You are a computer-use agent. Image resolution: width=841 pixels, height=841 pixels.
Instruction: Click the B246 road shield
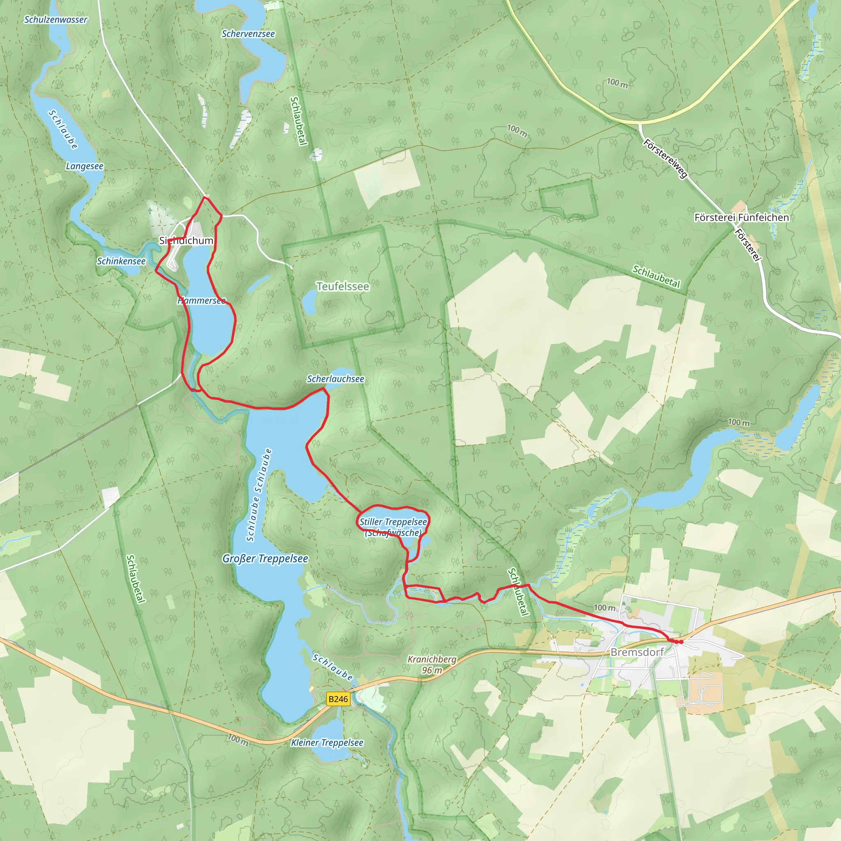click(338, 699)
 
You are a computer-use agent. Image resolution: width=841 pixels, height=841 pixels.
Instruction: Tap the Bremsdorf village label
click(637, 652)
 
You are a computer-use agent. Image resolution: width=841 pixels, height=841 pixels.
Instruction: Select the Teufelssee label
click(342, 287)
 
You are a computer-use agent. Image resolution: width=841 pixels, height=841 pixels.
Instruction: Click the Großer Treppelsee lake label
click(265, 558)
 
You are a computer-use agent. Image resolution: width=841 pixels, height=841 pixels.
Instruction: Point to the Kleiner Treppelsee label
click(327, 742)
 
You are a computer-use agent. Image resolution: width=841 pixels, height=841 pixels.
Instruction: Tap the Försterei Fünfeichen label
click(741, 217)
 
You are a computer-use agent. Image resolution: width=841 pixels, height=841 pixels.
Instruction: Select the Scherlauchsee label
click(335, 379)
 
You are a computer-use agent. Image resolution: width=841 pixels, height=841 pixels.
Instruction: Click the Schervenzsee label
click(248, 34)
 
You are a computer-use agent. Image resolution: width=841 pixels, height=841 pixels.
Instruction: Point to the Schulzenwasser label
click(56, 20)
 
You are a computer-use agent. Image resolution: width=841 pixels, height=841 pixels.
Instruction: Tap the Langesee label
click(85, 166)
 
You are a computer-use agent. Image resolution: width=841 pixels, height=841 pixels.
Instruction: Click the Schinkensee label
click(121, 261)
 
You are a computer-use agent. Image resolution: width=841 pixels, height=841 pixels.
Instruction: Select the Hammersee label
click(202, 301)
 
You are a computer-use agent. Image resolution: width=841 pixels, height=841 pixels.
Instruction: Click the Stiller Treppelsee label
click(393, 522)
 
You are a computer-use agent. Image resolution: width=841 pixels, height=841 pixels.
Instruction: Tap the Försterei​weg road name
click(666, 158)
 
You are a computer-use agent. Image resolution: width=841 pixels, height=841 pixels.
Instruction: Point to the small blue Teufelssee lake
click(310, 302)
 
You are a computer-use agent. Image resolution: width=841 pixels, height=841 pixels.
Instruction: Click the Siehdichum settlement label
click(186, 241)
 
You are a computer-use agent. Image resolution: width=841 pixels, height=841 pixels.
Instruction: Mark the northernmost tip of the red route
click(205, 198)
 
